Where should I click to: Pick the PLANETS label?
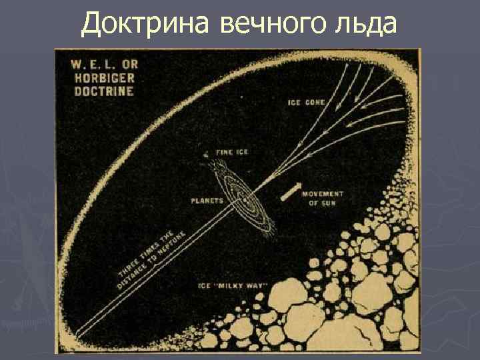pos(207,199)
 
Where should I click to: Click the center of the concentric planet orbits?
pos(247,199)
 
